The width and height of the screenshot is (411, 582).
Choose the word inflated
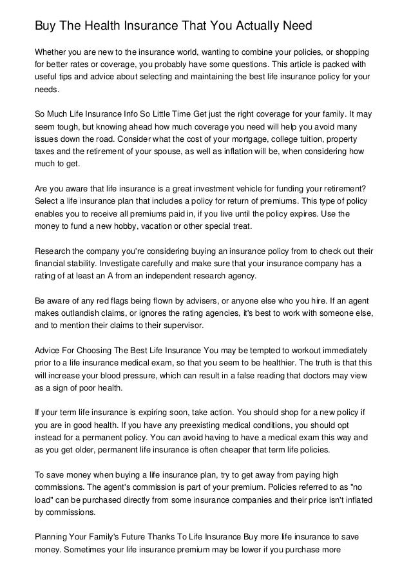[x=354, y=500]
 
